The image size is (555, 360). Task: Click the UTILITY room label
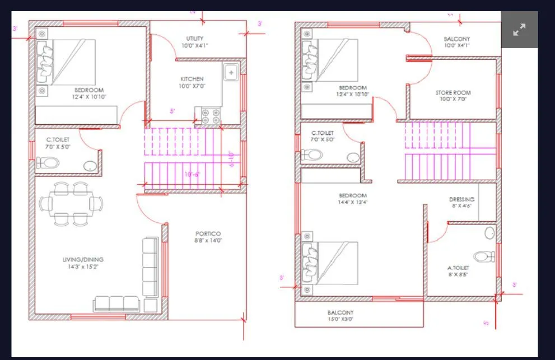195,39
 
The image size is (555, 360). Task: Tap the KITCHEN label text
192,79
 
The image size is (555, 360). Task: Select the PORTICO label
208,233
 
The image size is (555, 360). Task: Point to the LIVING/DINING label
83,259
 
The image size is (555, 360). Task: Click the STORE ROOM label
453,92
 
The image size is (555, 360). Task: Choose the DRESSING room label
461,199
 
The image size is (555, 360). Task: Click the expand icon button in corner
519,30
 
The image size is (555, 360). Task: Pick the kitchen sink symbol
231,72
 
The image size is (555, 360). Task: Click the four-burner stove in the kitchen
209,115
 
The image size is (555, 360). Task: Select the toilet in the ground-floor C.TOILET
48,163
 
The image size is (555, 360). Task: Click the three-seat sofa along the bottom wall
117,303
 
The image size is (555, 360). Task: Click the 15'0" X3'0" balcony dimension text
341,319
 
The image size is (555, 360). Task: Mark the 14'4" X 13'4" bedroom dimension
352,202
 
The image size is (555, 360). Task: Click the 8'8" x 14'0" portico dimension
208,241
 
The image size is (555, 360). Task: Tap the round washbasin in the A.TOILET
489,232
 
